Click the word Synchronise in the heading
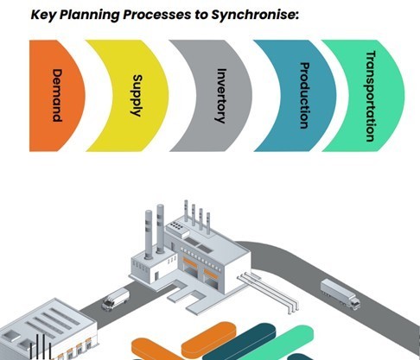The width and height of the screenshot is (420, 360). pos(254,15)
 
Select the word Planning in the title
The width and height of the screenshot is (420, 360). pos(90,15)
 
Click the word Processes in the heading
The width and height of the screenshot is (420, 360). pos(156,15)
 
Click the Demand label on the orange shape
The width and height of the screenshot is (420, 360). pos(57,95)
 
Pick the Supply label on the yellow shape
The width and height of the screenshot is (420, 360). pos(137,96)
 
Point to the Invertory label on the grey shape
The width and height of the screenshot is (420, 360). pos(221,96)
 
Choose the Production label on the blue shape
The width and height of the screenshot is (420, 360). pos(304,95)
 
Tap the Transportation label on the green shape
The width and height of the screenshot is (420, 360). pos(371,96)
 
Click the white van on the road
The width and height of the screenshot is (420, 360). pos(116,300)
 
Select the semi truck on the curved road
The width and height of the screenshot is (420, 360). pos(340,294)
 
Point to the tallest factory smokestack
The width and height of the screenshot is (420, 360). pos(160,230)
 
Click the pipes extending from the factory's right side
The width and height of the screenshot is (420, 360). pos(268,292)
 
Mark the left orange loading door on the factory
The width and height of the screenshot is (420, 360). pos(190,262)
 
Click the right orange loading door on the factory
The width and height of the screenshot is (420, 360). pos(211,274)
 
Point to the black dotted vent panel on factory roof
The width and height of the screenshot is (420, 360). pos(176,226)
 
